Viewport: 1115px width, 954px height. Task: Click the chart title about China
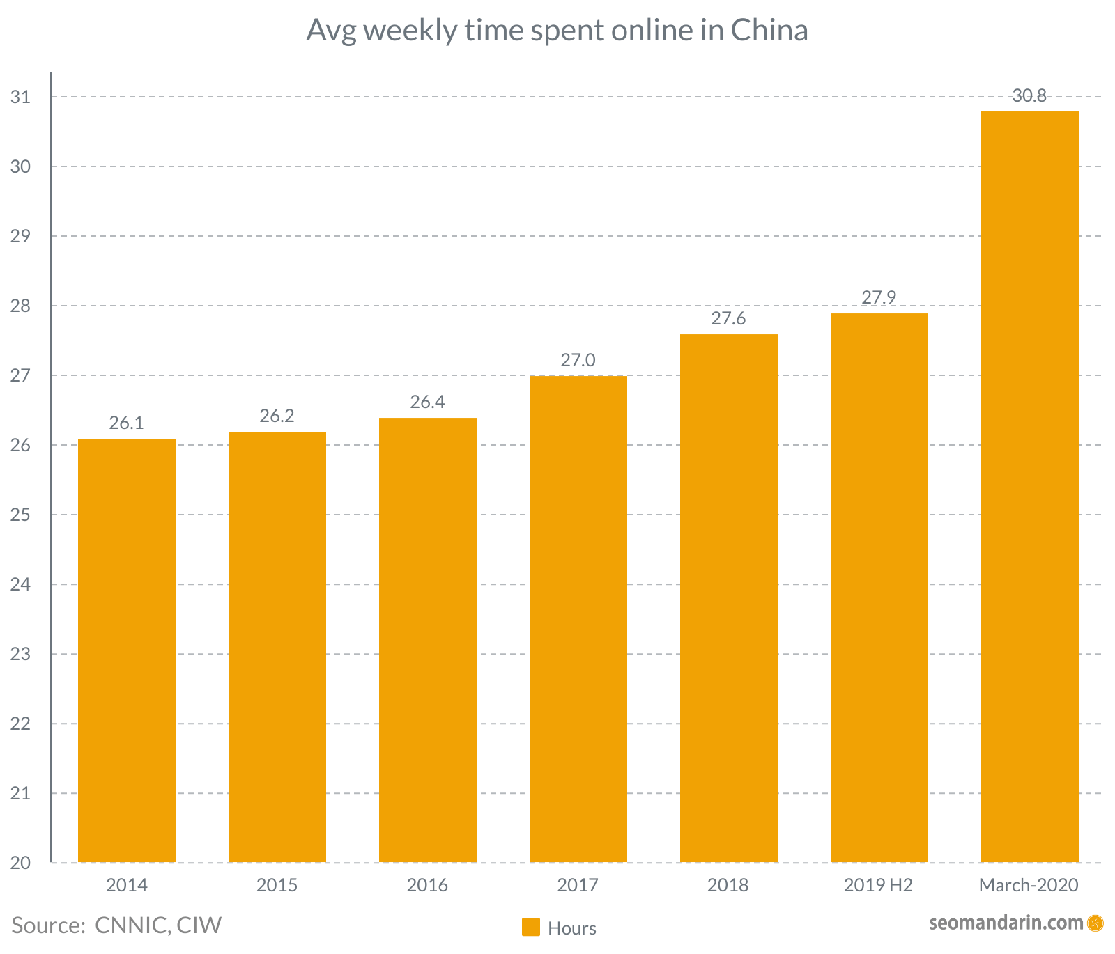(557, 31)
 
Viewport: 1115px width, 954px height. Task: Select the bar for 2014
(126, 650)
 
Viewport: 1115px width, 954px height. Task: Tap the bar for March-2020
(1029, 487)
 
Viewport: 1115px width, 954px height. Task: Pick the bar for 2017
(578, 619)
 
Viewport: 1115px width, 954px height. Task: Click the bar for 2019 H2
(879, 588)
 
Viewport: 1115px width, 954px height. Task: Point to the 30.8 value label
(1029, 96)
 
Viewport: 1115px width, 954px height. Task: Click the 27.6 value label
(728, 319)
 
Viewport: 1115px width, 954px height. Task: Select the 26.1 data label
(126, 423)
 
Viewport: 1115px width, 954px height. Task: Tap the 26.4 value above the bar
(427, 402)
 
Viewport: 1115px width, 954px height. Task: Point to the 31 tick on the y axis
(21, 97)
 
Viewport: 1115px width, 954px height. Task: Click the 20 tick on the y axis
(21, 863)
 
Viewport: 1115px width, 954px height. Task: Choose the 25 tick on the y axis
(21, 515)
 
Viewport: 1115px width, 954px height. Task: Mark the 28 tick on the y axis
(21, 306)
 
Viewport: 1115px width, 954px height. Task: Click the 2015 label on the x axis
(277, 886)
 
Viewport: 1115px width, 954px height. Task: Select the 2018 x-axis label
(728, 886)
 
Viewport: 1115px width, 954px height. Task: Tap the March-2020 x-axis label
(1029, 886)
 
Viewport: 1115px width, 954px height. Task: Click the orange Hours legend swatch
(531, 927)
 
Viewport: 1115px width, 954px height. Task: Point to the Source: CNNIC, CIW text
(116, 925)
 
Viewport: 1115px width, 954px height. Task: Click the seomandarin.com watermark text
(1006, 923)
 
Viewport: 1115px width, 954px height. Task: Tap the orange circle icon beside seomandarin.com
(1095, 923)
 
